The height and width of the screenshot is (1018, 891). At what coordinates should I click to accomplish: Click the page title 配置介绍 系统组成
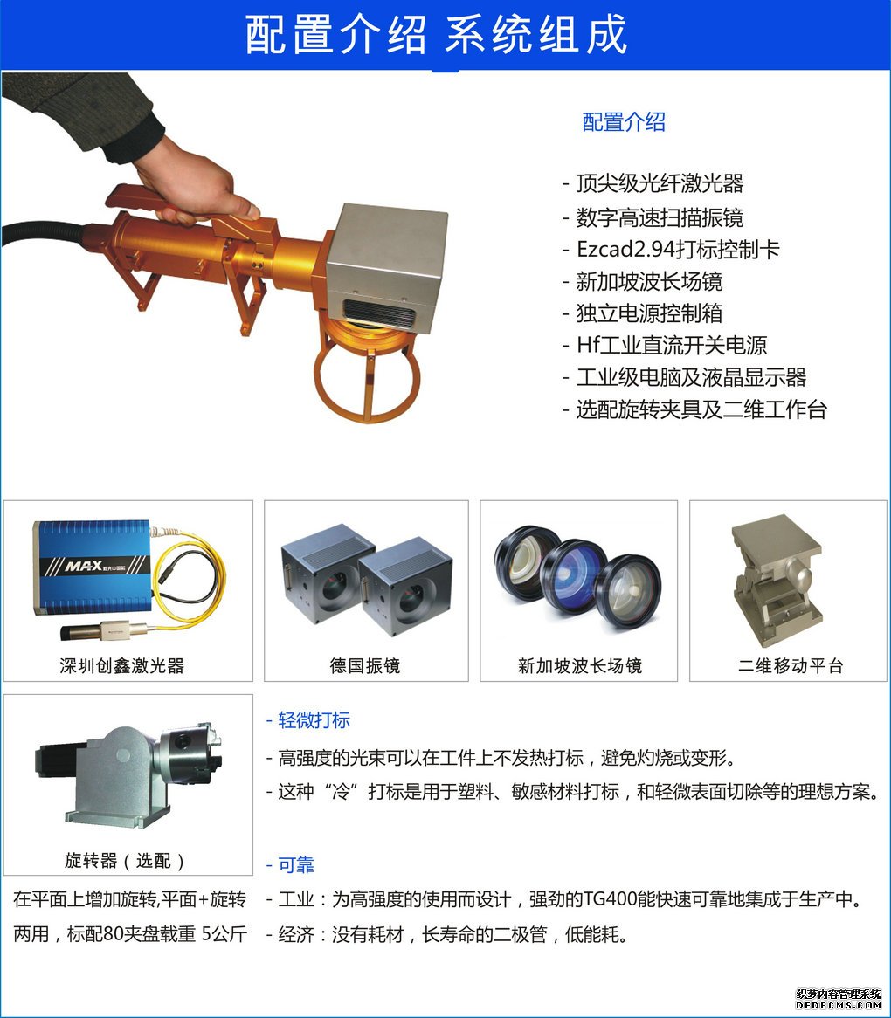point(437,34)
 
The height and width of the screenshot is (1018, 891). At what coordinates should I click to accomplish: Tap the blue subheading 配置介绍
point(624,122)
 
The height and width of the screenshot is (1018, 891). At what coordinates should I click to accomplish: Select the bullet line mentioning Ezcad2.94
point(672,250)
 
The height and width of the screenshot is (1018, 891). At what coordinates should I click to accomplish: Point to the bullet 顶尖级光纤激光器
point(653,183)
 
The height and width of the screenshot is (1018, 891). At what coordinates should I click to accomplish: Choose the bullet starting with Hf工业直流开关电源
point(665,345)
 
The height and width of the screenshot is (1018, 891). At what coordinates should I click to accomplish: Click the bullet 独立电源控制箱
point(642,313)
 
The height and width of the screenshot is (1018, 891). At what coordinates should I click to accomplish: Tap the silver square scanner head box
point(387,267)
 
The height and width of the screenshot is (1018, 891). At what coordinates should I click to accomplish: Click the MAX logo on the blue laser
point(84,566)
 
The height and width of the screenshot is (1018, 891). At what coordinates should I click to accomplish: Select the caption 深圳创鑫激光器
point(122,665)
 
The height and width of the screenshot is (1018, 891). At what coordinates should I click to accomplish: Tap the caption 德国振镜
point(365,665)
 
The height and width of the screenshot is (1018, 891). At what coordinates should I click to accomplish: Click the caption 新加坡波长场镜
point(579,665)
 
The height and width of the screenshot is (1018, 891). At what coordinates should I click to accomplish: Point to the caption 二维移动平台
point(791,665)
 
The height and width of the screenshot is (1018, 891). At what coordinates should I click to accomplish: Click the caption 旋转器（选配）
point(125,861)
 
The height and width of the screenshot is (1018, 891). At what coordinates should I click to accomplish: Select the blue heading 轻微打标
point(308,720)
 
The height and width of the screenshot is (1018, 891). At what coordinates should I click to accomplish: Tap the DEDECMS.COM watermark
point(839,1005)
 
